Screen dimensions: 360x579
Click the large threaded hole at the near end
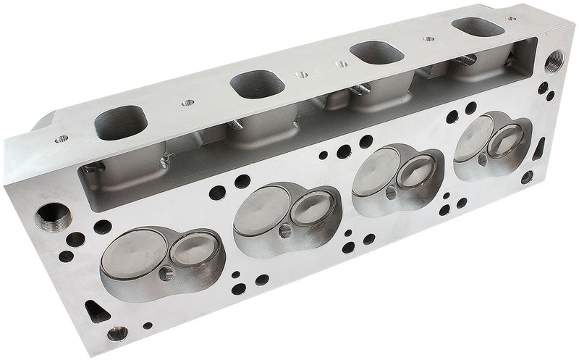click(x=51, y=214)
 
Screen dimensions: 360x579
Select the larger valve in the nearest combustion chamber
click(x=134, y=255)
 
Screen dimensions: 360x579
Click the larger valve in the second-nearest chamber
click(x=261, y=211)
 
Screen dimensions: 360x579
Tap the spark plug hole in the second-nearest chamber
click(x=284, y=230)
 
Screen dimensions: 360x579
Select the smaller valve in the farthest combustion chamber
click(x=505, y=138)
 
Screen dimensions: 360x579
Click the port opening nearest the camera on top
click(x=121, y=122)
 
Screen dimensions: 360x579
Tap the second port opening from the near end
click(x=257, y=84)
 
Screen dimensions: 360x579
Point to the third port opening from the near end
click(x=373, y=54)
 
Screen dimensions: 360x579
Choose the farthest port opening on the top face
click(x=477, y=27)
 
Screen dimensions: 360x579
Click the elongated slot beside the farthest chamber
click(x=539, y=148)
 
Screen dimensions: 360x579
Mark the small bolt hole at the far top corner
click(x=512, y=18)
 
